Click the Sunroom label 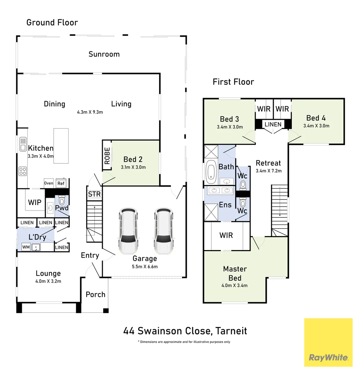tap(104, 54)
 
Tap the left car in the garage tap(129, 231)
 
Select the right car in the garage tap(164, 231)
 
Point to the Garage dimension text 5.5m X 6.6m tap(145, 266)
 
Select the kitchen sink tap(23, 144)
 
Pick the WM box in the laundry tap(26, 247)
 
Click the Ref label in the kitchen tap(61, 183)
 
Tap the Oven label tap(49, 183)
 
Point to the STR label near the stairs tap(94, 194)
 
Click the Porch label tap(95, 294)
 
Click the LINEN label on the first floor tap(273, 124)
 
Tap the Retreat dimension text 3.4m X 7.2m tap(268, 171)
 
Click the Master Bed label tap(235, 273)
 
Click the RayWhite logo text tap(328, 357)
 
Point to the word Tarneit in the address tap(232, 331)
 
